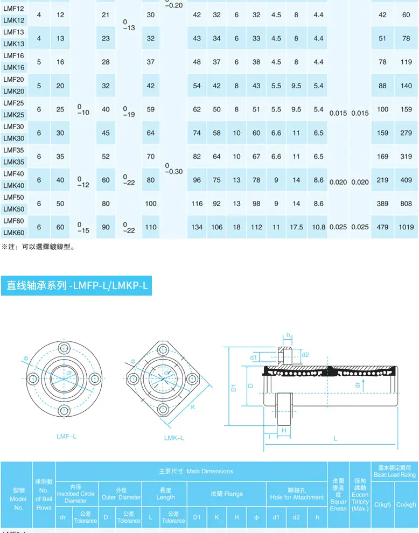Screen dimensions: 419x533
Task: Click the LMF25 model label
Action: (13, 103)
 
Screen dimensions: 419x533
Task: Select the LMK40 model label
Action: (13, 186)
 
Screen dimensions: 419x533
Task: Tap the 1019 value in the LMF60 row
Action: (406, 227)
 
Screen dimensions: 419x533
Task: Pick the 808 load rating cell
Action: (406, 204)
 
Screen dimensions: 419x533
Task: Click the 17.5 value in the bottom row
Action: (296, 227)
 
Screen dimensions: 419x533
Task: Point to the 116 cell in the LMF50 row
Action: (197, 204)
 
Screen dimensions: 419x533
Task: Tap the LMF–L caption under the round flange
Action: (66, 436)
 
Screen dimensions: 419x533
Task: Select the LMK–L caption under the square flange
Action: (174, 438)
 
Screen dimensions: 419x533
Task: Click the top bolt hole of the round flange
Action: (64, 348)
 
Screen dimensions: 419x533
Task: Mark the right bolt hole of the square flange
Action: (192, 378)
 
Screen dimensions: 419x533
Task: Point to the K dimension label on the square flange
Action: (193, 407)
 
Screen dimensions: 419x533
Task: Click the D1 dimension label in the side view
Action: (234, 388)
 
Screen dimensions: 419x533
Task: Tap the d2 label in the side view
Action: (305, 355)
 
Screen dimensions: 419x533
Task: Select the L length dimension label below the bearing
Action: (336, 438)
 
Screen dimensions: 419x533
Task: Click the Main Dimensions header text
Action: (196, 471)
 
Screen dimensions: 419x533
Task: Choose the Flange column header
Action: (227, 494)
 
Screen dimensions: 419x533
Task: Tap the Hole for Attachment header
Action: (297, 494)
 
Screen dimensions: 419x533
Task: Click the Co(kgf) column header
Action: (406, 505)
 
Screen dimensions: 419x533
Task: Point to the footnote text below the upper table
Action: (38, 247)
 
